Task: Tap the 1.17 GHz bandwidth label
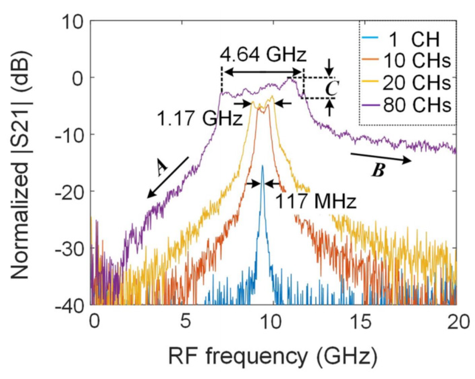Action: click(199, 119)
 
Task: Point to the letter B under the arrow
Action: click(378, 170)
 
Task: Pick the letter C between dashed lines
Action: click(331, 88)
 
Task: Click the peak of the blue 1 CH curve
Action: click(262, 166)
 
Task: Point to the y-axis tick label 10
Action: click(73, 22)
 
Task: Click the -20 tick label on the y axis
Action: click(69, 191)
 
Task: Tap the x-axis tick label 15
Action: click(363, 322)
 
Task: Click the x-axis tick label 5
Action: click(185, 322)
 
